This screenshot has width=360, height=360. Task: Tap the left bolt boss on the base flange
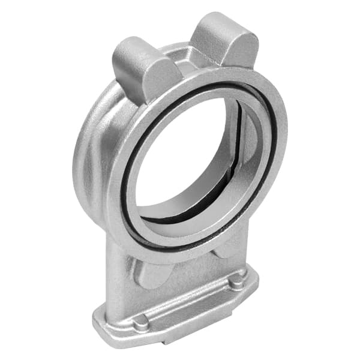tap(141, 322)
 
